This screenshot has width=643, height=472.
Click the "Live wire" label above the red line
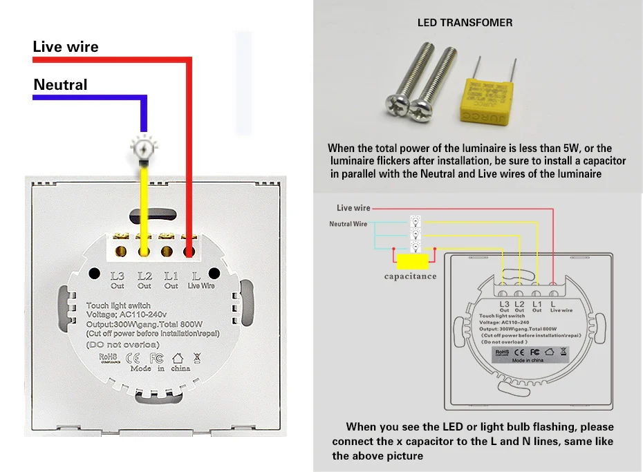pyautogui.click(x=66, y=47)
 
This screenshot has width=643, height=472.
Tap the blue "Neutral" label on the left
pyautogui.click(x=61, y=85)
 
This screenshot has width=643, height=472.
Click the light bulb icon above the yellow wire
pyautogui.click(x=144, y=147)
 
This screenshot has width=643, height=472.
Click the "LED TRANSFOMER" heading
pyautogui.click(x=465, y=23)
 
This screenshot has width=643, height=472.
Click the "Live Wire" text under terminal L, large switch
pyautogui.click(x=201, y=286)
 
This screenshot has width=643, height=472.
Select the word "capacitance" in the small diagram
pyautogui.click(x=411, y=276)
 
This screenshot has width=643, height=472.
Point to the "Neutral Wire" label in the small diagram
pyautogui.click(x=348, y=224)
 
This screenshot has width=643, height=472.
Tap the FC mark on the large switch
pyautogui.click(x=156, y=358)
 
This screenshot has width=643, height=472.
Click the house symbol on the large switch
pyautogui.click(x=178, y=358)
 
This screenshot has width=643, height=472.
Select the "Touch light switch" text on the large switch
pyautogui.click(x=118, y=305)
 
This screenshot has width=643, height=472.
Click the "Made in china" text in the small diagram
pyautogui.click(x=528, y=360)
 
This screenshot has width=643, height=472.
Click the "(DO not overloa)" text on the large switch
pyautogui.click(x=123, y=344)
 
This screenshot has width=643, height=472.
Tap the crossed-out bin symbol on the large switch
pyautogui.click(x=197, y=358)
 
